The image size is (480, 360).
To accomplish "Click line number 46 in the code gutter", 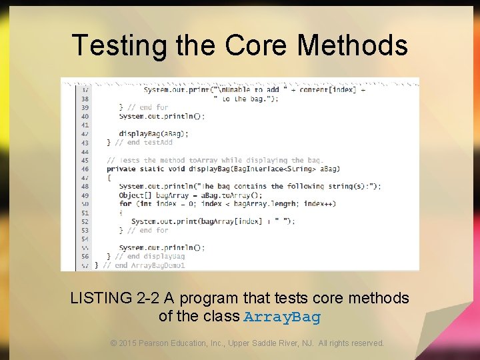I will coord(85,169).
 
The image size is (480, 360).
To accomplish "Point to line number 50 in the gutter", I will coord(85,204).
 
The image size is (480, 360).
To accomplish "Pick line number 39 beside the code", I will coord(85,107).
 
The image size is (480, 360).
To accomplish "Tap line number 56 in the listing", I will coord(85,256).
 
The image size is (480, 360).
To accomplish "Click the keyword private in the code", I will coord(121,169).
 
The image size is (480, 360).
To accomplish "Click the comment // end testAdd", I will coord(144,143).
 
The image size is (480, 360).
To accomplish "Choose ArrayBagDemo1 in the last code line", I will coord(158,265).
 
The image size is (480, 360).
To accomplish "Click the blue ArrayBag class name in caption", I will coord(282,317).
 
